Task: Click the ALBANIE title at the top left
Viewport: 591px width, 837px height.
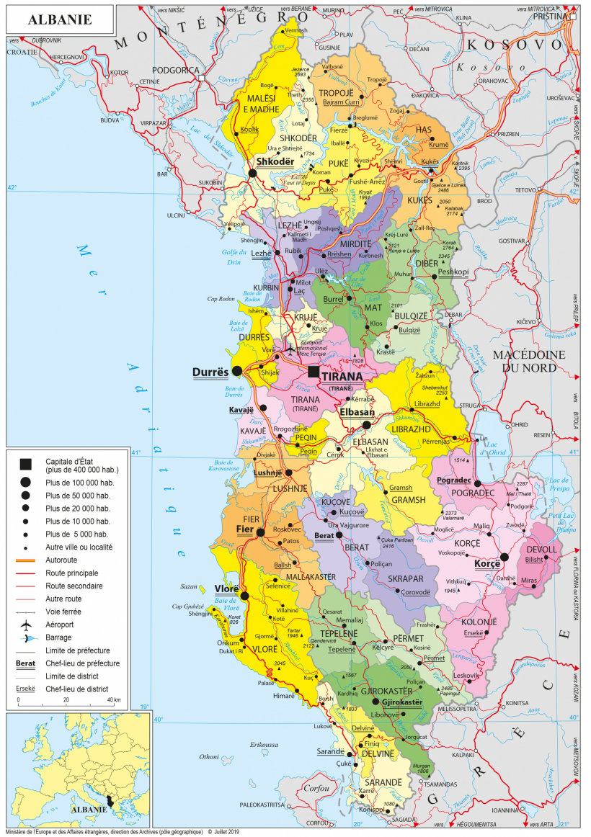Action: point(60,19)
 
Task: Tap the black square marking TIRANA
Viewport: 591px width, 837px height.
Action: point(312,372)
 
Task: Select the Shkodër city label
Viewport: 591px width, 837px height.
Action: point(275,161)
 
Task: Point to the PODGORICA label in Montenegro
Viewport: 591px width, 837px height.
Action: point(175,70)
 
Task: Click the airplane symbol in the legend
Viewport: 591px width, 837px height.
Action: point(26,624)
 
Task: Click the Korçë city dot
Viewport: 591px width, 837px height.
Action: point(505,557)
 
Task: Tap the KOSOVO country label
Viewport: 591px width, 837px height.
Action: point(515,45)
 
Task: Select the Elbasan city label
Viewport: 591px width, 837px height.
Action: point(357,413)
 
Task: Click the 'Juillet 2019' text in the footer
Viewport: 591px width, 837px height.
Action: point(226,831)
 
